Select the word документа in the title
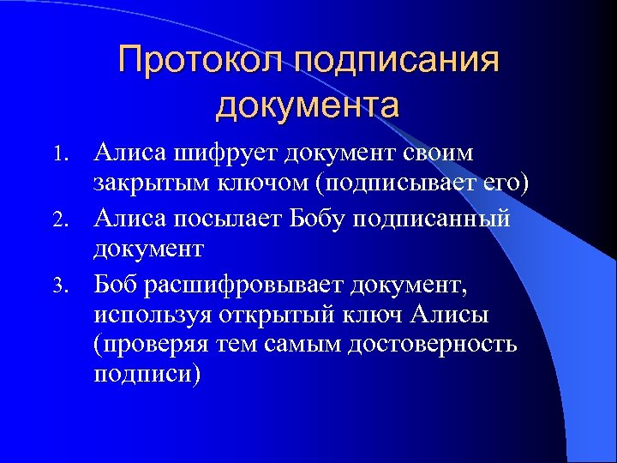pos(308,106)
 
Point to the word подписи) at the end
pos(147,376)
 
